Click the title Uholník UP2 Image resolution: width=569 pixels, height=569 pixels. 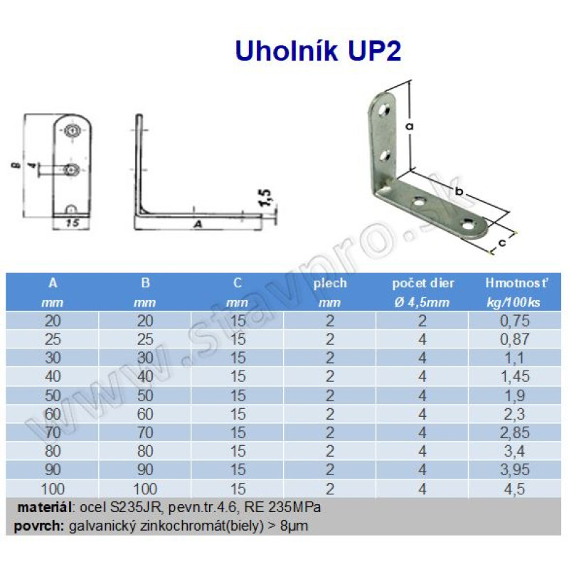point(318,50)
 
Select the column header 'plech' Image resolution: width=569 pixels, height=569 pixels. point(330,283)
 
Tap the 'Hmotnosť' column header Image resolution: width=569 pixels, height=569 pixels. point(516,283)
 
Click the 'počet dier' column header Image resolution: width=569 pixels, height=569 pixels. point(423,283)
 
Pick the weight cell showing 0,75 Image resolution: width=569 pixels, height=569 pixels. point(514,321)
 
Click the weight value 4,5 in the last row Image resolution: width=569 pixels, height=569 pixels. point(514,489)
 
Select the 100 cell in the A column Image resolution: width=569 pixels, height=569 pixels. point(53,489)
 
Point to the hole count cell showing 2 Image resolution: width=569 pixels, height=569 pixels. point(422,321)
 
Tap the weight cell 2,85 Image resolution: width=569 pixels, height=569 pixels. point(514,432)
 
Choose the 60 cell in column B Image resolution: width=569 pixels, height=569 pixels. point(145,414)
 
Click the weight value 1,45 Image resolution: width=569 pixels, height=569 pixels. point(514,376)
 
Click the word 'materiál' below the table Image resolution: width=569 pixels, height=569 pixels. point(44,507)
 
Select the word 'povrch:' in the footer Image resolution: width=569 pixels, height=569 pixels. point(39,526)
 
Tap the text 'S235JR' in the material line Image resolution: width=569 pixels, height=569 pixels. point(135,507)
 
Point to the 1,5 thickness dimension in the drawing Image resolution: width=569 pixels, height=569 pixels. point(266,198)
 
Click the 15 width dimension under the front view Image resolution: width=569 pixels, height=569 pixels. point(73,223)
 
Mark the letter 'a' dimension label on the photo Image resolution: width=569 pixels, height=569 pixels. point(410,127)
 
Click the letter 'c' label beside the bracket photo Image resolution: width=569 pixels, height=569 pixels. point(502,242)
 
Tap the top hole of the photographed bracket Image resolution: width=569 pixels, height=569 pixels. point(384,110)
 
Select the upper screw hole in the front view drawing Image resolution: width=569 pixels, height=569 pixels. point(73,130)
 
